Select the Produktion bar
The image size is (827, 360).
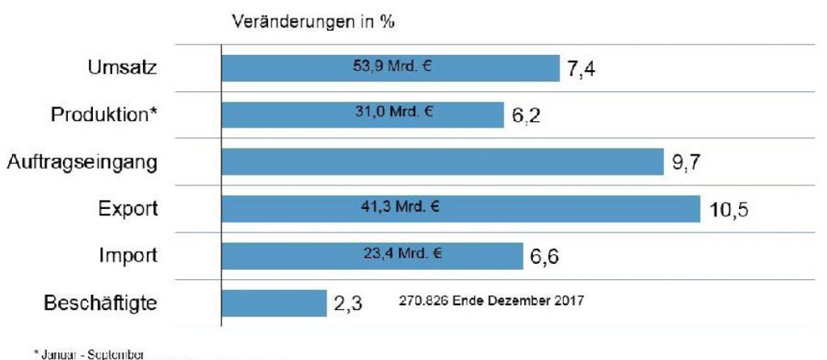[363, 115]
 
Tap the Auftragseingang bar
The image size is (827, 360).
[442, 161]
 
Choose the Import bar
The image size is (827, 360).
[372, 256]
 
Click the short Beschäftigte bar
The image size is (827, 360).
[274, 303]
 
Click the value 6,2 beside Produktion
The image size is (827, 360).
[526, 116]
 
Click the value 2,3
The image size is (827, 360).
[348, 304]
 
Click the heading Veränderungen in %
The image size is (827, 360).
[313, 23]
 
